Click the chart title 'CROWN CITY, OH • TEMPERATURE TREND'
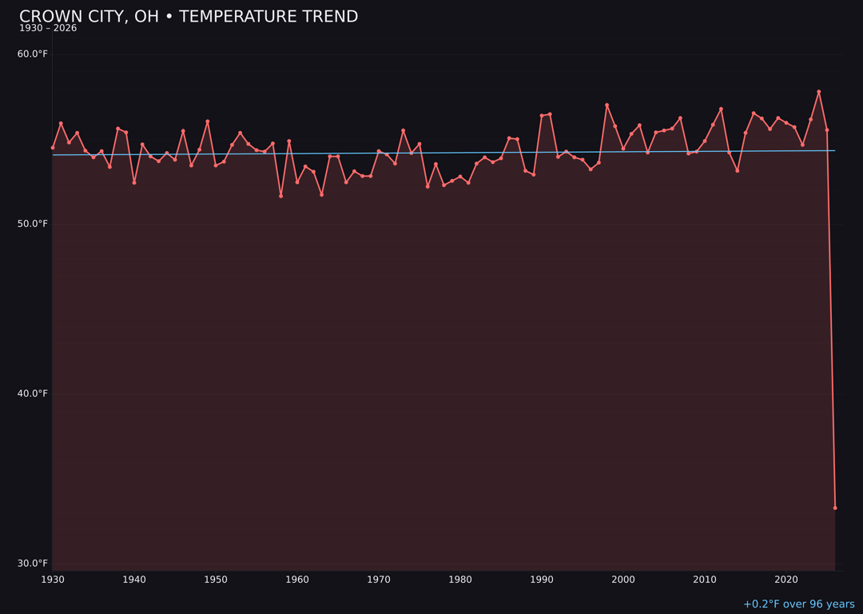click(189, 17)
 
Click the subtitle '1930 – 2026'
click(48, 28)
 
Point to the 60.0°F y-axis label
click(33, 54)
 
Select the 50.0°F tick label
click(33, 224)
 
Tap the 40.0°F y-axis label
click(33, 393)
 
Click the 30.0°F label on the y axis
click(33, 563)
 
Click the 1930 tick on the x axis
click(53, 580)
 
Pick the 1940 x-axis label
click(134, 580)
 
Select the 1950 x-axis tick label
click(216, 580)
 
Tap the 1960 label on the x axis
click(297, 580)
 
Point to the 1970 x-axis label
click(379, 580)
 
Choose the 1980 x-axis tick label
click(460, 580)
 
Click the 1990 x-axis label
click(542, 580)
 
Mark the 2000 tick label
click(623, 580)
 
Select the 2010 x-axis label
click(705, 580)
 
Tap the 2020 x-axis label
click(786, 580)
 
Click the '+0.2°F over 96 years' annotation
click(798, 604)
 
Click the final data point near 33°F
click(835, 508)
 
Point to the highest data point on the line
click(819, 92)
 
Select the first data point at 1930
click(53, 148)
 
